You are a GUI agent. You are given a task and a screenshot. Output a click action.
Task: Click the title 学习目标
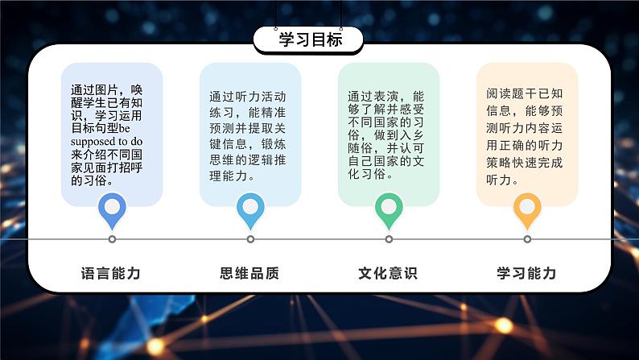[311, 40]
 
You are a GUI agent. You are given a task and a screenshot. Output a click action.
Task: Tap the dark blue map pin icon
[112, 210]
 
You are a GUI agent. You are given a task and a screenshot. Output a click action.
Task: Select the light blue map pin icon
[250, 210]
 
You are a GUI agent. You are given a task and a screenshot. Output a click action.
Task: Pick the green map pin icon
[389, 210]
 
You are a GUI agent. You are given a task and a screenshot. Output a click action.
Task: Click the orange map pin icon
[527, 210]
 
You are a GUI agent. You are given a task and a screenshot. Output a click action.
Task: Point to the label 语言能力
[111, 273]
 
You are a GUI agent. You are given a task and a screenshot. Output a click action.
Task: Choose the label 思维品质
[249, 273]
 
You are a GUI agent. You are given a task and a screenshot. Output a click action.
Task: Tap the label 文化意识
[388, 273]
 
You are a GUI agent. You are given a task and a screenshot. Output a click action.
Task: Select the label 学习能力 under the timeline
[526, 273]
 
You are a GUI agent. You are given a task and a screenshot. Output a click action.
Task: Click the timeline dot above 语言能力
[112, 239]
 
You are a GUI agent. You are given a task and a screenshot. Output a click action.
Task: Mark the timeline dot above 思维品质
[250, 239]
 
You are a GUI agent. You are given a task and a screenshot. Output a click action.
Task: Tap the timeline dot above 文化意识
[389, 239]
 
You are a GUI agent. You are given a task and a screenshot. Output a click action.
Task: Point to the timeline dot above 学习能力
[527, 239]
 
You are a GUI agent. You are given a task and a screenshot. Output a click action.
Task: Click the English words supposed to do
[106, 142]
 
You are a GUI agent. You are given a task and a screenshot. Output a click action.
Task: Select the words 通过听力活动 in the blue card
[248, 97]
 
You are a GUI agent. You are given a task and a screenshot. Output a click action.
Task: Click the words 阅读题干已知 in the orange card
[525, 93]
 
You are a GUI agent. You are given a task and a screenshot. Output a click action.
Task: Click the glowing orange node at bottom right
[504, 325]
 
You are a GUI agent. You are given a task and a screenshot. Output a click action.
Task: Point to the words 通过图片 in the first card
[94, 89]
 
